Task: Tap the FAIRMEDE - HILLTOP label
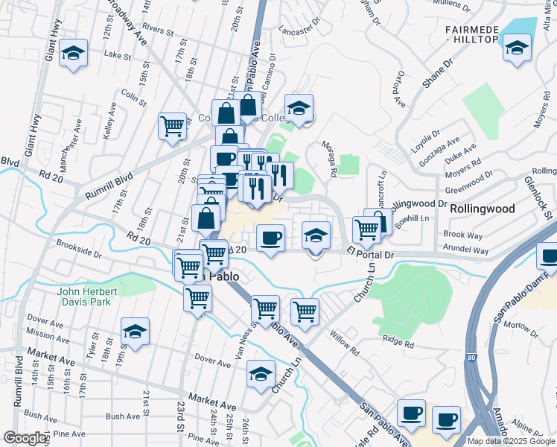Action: coord(482,34)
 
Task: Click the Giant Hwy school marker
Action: coord(73,54)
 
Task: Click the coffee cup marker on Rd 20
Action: coord(270,238)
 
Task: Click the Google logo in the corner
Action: coord(25,438)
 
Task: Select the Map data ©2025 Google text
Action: coord(512,441)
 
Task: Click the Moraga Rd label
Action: coord(329,159)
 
